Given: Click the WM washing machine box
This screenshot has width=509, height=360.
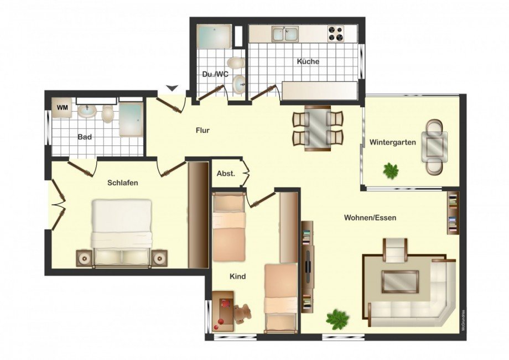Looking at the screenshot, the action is (63, 108).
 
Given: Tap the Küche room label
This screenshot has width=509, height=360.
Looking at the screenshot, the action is (308, 61).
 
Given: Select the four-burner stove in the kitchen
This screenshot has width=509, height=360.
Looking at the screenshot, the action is (336, 33).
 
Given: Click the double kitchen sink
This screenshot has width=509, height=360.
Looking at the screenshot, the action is (285, 34).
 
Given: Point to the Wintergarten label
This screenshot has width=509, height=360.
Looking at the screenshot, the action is (392, 142).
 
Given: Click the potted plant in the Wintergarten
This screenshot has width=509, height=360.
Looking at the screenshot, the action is (391, 170).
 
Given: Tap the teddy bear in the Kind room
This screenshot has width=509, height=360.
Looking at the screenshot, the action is (242, 314).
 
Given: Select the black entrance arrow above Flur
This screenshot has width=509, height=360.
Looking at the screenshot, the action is (173, 88).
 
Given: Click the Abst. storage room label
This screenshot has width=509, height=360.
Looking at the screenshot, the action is (226, 174).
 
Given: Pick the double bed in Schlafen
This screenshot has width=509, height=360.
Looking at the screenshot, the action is (122, 233).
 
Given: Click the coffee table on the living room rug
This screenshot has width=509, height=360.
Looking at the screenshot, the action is (400, 281).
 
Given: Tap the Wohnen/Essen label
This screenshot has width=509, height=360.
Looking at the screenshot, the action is (370, 218).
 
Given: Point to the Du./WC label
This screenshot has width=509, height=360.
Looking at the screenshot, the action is (215, 74).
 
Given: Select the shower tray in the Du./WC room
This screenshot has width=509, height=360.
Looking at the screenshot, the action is (214, 36).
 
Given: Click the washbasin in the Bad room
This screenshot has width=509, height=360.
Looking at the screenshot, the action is (87, 111).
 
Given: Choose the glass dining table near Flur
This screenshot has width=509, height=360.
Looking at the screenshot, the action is (318, 128).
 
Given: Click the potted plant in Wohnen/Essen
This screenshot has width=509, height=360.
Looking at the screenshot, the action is (338, 317).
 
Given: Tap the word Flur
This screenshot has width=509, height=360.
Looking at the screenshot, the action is (202, 131).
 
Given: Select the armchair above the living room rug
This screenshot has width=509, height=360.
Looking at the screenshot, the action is (396, 250).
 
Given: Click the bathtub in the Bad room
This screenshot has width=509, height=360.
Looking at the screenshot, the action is (131, 119).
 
